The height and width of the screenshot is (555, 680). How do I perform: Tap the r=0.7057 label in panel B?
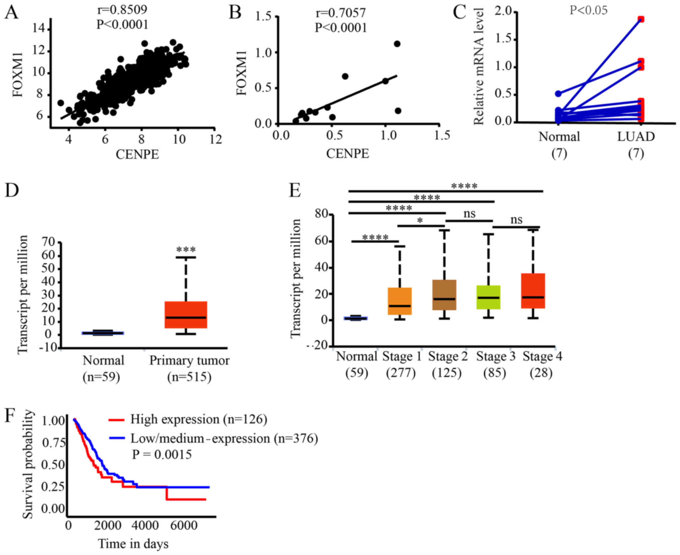[x=341, y=13]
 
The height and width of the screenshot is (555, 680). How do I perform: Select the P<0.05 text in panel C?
[x=588, y=10]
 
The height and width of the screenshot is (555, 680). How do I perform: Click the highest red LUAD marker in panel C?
[x=641, y=19]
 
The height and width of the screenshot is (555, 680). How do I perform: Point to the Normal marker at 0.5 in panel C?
[x=558, y=94]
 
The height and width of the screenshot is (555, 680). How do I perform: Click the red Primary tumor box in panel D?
[x=185, y=315]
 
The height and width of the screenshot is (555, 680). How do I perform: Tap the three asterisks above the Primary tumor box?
[x=186, y=250]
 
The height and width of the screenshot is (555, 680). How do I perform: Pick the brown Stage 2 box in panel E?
[x=444, y=295]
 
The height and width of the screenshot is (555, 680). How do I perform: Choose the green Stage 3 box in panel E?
[x=488, y=297]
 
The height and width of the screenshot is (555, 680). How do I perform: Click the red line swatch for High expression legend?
[x=117, y=419]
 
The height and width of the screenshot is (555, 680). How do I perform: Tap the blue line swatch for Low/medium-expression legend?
[x=117, y=438]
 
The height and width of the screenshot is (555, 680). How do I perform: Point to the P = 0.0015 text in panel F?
[x=162, y=454]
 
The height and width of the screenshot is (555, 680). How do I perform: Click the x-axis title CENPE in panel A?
[x=137, y=154]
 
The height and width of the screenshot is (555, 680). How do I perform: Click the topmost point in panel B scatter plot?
[x=397, y=44]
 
